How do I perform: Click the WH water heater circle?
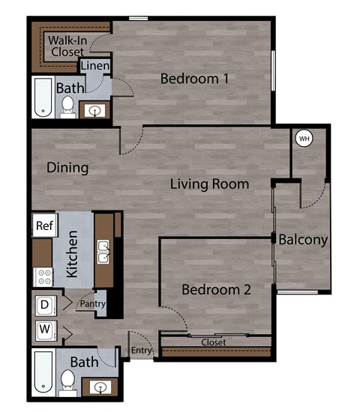click(x=304, y=139)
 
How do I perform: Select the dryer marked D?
click(x=44, y=305)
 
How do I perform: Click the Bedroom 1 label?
click(x=194, y=78)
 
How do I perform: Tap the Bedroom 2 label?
click(x=216, y=289)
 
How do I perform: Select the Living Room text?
click(x=209, y=184)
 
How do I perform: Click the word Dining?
click(x=67, y=168)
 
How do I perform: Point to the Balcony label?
click(x=303, y=240)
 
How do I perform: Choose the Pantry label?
click(x=94, y=304)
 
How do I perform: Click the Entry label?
click(x=141, y=351)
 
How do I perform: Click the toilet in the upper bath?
click(x=67, y=107)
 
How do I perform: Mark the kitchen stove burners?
click(x=42, y=276)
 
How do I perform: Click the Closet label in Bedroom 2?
click(x=214, y=342)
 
